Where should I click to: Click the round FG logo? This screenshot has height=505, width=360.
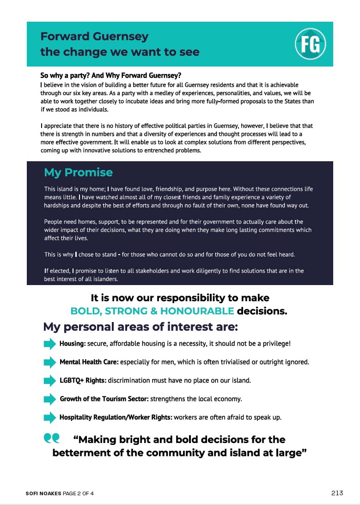311,44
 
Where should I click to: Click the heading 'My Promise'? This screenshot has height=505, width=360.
78,172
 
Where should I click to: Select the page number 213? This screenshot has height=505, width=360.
337,493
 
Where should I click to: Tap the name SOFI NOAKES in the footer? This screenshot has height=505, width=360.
43,493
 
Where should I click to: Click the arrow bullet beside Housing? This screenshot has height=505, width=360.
49,344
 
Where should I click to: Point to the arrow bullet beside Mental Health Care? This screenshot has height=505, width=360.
49,362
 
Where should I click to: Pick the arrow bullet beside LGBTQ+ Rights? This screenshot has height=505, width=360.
49,381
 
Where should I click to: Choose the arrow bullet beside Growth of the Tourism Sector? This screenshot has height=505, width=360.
49,399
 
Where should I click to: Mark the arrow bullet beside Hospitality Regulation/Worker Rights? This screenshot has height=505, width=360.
49,418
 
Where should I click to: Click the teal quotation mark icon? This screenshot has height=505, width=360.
52,438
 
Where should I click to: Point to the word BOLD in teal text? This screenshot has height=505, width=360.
85,311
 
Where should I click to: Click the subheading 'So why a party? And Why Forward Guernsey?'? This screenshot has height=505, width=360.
110,75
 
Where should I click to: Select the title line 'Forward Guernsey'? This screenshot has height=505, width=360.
94,37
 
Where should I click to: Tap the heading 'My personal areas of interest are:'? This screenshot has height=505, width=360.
140,327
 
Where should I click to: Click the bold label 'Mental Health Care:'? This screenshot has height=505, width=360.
89,362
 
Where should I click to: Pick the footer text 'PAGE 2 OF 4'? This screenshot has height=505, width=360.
78,493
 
